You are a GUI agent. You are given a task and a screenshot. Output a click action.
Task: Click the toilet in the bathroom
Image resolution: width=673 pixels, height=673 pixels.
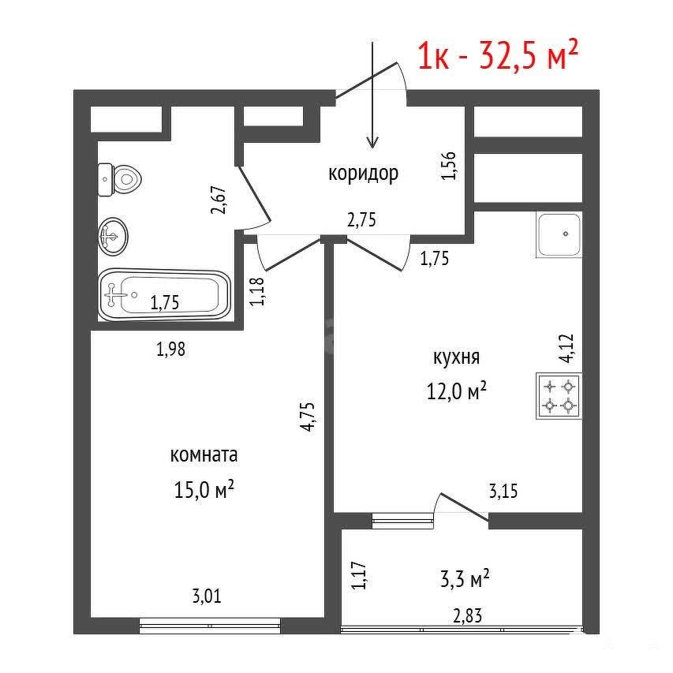point(120,179)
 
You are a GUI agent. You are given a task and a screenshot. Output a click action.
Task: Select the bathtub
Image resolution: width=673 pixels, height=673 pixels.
point(165,295)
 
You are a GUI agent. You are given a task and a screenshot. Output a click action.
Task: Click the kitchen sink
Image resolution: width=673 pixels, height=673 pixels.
point(559,234)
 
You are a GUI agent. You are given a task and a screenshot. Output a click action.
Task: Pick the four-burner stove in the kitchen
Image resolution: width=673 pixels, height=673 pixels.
point(559,396)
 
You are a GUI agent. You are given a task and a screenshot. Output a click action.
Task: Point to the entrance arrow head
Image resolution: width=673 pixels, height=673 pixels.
point(372,142)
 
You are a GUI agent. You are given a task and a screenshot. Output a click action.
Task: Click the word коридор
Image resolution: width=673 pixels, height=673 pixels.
point(363,174)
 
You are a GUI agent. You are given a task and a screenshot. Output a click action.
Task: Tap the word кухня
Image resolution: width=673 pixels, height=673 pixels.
point(456,357)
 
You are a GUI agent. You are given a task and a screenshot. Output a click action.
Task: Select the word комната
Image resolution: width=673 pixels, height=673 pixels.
point(204,455)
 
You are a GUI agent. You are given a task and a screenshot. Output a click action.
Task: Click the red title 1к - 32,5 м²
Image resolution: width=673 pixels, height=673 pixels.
point(499,55)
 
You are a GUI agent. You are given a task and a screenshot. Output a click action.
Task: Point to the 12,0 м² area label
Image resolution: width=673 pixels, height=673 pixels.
point(456,391)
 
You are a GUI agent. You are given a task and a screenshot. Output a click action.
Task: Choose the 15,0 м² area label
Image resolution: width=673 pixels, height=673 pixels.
point(204,489)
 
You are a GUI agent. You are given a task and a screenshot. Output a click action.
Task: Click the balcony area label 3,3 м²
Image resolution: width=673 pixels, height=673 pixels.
point(465,578)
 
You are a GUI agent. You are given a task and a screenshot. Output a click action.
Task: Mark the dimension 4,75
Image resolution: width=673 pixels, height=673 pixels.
point(308,417)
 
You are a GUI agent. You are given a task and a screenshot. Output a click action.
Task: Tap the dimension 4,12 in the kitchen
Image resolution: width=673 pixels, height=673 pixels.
point(567,349)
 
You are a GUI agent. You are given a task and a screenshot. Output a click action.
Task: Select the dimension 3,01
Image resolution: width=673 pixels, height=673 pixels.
point(207,596)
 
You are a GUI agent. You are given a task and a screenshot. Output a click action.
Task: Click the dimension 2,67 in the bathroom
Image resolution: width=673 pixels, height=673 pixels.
point(219,200)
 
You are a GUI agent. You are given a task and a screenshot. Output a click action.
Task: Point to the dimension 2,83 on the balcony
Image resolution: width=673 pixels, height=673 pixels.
point(467,616)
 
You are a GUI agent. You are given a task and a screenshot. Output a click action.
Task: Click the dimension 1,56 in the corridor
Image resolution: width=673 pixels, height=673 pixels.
point(448,166)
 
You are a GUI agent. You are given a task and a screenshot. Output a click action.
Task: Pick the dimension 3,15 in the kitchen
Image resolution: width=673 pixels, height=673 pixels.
point(503,491)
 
